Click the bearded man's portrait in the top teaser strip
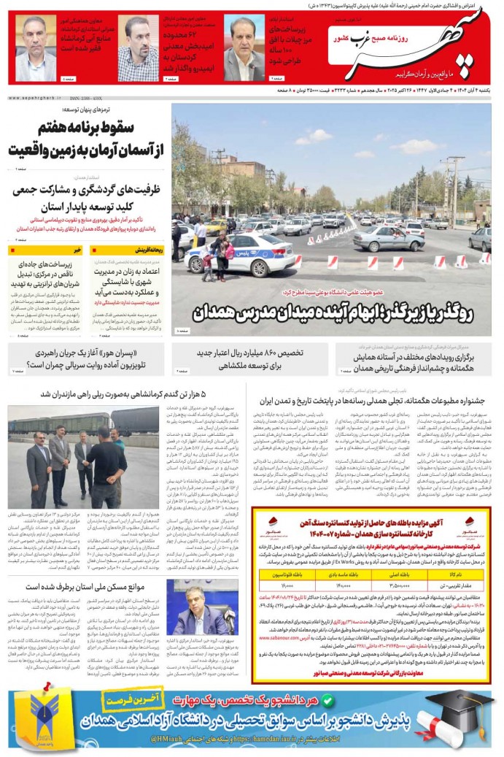(x=138, y=53)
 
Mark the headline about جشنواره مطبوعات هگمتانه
(x=379, y=401)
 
